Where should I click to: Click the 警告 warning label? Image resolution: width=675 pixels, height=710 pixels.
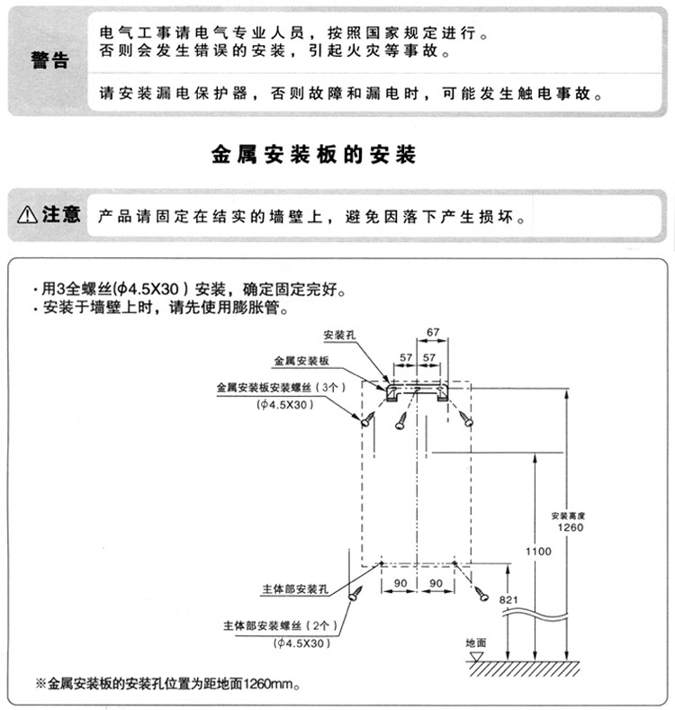(x=49, y=61)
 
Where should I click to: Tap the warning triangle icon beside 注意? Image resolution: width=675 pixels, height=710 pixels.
(x=27, y=215)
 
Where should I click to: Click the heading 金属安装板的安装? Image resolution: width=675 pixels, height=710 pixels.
(x=314, y=155)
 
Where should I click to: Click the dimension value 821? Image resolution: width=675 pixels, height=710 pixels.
(x=509, y=599)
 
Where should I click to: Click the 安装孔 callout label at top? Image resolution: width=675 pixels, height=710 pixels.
(x=340, y=336)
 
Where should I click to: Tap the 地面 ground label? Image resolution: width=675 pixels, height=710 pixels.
(x=475, y=644)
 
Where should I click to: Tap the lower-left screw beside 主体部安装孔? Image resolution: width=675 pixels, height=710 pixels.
(x=357, y=592)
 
